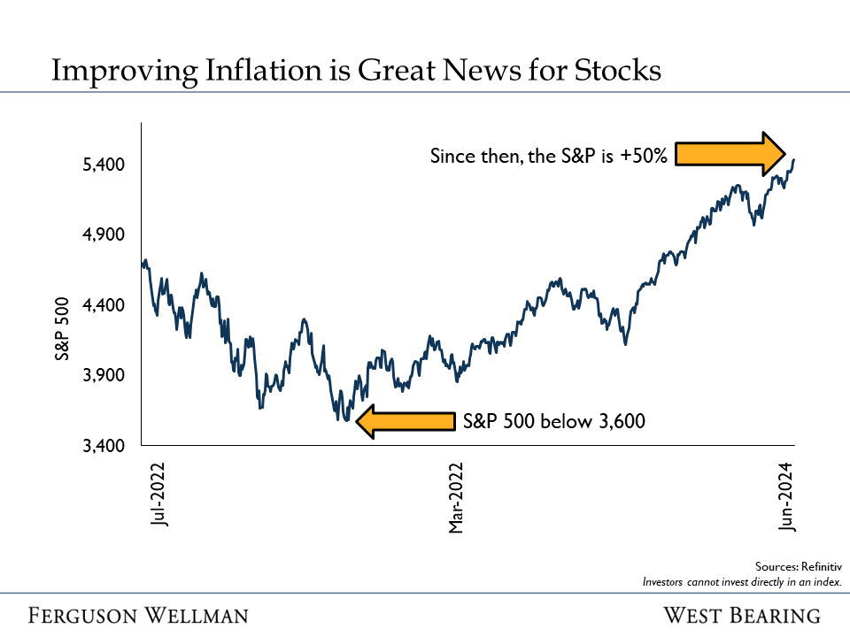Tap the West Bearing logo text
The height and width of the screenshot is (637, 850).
pos(742,615)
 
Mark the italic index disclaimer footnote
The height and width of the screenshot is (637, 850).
pos(741,581)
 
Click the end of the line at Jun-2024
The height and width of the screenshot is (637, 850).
pos(793,160)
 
